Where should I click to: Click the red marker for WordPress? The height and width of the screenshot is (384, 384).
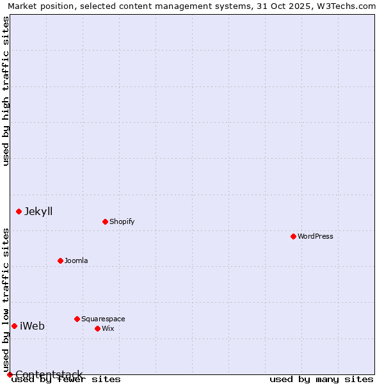click(x=294, y=236)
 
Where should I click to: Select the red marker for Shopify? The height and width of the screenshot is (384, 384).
click(x=106, y=221)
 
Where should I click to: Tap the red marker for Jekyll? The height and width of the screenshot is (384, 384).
click(x=19, y=211)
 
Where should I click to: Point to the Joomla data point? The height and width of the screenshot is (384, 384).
click(x=61, y=260)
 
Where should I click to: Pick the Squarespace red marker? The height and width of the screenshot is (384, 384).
click(x=77, y=319)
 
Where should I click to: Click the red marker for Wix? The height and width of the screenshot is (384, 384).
click(x=98, y=328)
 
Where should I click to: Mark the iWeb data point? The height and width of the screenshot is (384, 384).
click(x=14, y=326)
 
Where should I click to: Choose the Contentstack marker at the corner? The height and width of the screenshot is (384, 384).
click(x=10, y=374)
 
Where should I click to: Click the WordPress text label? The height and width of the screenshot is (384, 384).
click(x=316, y=236)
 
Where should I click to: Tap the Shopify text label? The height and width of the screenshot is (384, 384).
click(x=122, y=221)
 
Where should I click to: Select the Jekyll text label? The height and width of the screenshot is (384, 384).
click(x=38, y=211)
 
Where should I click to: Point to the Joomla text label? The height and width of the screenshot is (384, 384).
click(x=76, y=260)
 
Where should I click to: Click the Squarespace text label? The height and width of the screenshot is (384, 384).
click(x=103, y=319)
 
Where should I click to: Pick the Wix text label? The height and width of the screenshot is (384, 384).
click(x=108, y=328)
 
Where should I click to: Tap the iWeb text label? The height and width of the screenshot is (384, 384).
click(x=32, y=326)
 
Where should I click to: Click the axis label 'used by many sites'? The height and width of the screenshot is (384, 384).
click(x=321, y=379)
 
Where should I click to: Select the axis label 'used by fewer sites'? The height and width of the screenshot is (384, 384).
click(x=66, y=379)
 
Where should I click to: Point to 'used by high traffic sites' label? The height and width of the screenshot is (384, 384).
click(x=6, y=91)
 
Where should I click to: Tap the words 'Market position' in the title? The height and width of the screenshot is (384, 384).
click(x=36, y=6)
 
